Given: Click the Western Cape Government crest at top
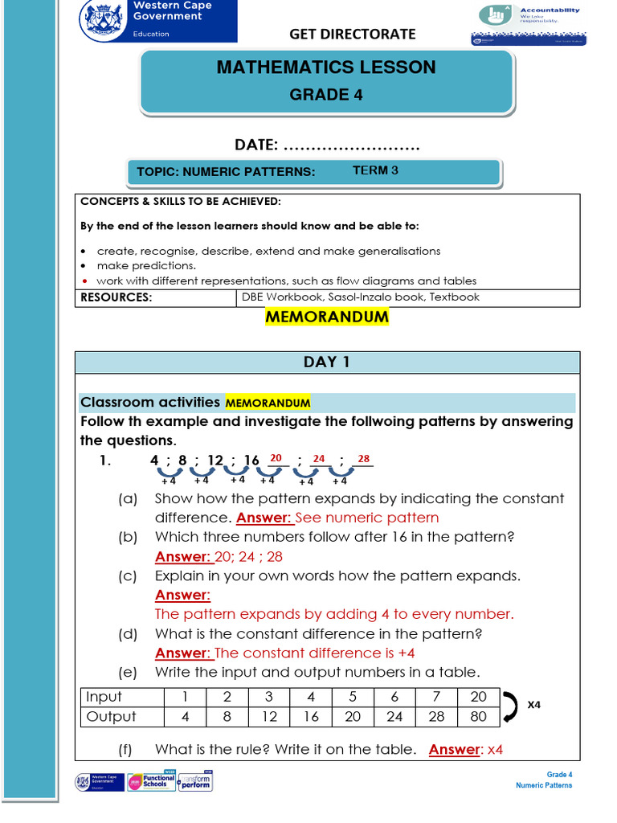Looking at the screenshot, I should pyautogui.click(x=104, y=19).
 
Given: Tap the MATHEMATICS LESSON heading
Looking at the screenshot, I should pyautogui.click(x=326, y=68).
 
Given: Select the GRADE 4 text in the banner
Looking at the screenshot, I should pyautogui.click(x=326, y=95).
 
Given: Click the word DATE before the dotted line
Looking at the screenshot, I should pyautogui.click(x=256, y=145).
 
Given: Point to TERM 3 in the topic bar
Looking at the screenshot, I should pyautogui.click(x=375, y=170).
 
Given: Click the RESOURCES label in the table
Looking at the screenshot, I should pyautogui.click(x=116, y=297).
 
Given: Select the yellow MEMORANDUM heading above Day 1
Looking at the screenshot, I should pyautogui.click(x=326, y=317).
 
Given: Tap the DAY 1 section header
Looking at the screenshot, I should pyautogui.click(x=326, y=362).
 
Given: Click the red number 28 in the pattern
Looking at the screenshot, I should pyautogui.click(x=363, y=458).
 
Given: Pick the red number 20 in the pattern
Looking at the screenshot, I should pyautogui.click(x=276, y=458).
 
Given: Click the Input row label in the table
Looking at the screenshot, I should pyautogui.click(x=104, y=697).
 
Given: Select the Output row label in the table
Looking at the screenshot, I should pyautogui.click(x=111, y=716).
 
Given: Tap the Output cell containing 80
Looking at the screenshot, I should pyautogui.click(x=478, y=716).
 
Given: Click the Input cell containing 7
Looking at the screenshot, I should pyautogui.click(x=436, y=697).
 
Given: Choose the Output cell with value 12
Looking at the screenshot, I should pyautogui.click(x=269, y=716).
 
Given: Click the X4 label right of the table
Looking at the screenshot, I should pyautogui.click(x=534, y=704).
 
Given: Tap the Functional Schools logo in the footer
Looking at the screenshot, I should pyautogui.click(x=151, y=782).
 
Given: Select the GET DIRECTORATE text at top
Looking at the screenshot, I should pyautogui.click(x=353, y=34).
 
